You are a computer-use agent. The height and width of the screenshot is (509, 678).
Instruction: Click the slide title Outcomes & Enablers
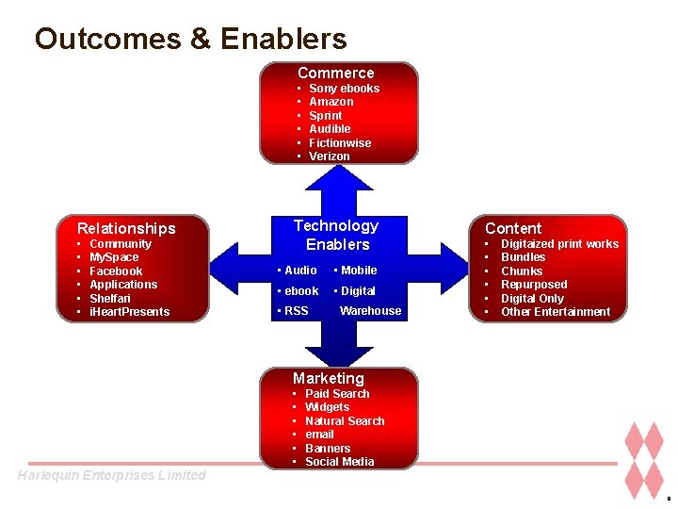click(190, 39)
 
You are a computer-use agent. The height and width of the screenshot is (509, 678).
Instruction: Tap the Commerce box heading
click(336, 73)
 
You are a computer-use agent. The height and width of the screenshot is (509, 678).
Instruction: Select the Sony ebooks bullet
click(344, 89)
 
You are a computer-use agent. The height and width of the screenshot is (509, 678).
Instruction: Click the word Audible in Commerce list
click(330, 129)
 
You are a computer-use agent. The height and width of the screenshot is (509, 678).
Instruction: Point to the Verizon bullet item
click(329, 156)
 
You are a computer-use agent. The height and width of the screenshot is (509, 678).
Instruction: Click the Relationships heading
click(126, 228)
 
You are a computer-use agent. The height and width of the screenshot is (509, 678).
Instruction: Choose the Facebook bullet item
click(116, 271)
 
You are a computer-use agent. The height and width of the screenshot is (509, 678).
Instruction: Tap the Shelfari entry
click(110, 299)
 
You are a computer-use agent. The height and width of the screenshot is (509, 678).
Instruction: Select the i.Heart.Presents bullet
click(129, 312)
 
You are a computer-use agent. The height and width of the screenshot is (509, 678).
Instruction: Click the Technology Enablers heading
click(336, 235)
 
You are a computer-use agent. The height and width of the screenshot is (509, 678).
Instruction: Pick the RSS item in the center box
click(296, 311)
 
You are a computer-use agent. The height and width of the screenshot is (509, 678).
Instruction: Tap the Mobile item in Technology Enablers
click(358, 271)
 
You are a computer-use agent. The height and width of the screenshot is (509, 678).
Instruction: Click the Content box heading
click(513, 228)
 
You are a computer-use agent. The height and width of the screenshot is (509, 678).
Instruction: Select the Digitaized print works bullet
click(559, 244)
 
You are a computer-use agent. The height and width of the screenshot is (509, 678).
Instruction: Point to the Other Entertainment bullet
click(556, 312)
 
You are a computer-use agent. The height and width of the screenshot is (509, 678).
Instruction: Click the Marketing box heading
click(328, 378)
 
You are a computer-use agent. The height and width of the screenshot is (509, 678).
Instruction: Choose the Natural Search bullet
click(345, 421)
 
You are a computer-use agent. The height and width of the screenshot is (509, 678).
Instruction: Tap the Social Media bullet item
click(339, 462)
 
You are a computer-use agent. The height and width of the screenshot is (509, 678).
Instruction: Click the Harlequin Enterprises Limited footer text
click(111, 475)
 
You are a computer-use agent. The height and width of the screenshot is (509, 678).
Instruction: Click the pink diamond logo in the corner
click(645, 461)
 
